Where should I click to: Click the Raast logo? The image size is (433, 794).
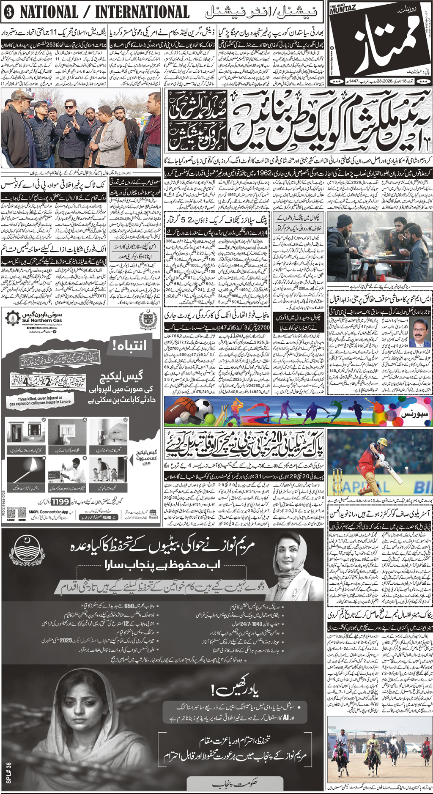pos(153,515)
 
